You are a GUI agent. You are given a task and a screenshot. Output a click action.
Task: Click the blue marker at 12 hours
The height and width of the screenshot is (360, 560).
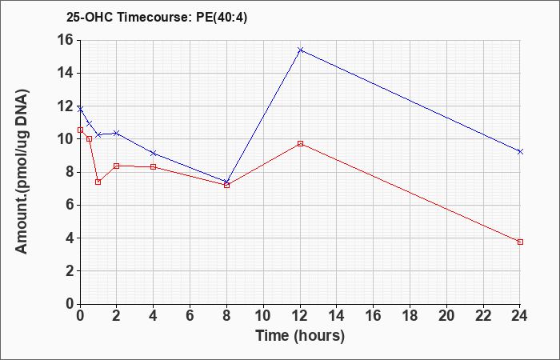point(300,50)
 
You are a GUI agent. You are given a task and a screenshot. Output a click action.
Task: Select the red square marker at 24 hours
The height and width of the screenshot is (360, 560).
point(520,242)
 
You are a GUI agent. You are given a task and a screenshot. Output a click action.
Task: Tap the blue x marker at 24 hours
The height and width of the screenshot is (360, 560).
point(520,152)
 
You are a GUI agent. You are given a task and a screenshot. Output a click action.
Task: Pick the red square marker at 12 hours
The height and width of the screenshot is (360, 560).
point(300,143)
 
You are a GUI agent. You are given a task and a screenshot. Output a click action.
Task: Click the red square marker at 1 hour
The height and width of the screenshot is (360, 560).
point(98,182)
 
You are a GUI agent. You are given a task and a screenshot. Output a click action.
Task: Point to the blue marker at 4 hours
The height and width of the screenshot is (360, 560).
point(154,154)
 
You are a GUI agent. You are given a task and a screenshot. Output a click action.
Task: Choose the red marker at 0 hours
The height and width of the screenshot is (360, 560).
point(80,130)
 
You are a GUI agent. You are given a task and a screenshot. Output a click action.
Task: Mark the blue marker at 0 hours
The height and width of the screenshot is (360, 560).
point(80,109)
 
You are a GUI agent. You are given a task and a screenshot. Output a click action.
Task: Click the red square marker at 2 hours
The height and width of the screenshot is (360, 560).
point(117,166)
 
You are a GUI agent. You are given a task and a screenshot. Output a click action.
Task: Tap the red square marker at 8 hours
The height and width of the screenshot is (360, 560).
point(226,186)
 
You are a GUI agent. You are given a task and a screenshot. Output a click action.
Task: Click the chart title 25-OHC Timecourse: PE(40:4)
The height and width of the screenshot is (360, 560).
point(157,18)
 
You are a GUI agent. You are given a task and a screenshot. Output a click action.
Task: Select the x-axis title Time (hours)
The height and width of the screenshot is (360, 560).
point(300,336)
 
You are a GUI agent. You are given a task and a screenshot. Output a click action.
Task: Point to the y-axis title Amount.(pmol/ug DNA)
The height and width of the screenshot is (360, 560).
point(22,172)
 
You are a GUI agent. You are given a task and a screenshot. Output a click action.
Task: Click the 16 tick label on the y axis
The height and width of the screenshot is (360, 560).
point(65,40)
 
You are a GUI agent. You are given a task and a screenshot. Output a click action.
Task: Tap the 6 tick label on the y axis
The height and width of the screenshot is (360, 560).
point(69,206)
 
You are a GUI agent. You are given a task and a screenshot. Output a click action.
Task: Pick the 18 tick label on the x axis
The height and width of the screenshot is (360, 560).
point(410,316)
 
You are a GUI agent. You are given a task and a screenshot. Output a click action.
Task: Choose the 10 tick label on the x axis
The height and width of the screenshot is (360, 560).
point(263,316)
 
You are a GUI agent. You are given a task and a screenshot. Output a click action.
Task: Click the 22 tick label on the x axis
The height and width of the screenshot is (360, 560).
point(483,316)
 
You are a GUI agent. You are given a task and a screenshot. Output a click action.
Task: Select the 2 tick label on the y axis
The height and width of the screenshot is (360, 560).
point(69,271)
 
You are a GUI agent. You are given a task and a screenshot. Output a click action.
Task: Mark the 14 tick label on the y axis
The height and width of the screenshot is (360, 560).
point(65,74)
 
